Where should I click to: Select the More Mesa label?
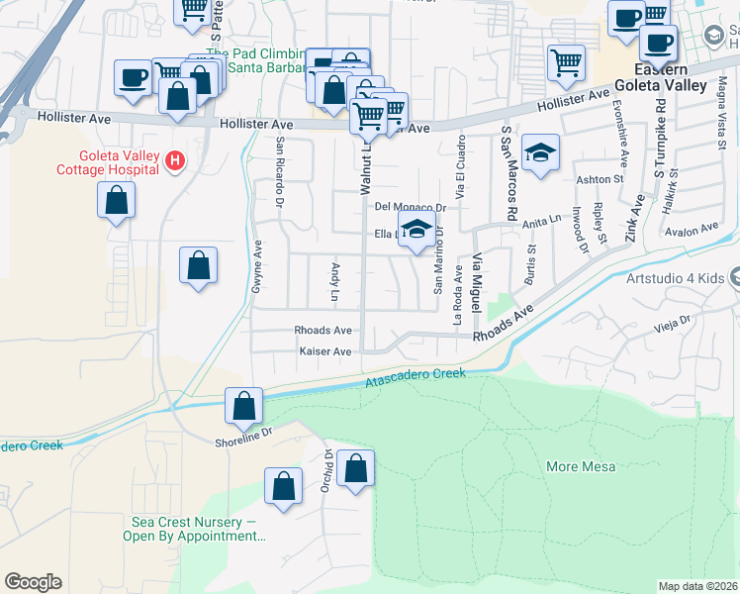tap(581, 466)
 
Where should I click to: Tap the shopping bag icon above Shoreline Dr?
tap(242, 405)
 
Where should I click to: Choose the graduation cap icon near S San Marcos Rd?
tap(539, 152)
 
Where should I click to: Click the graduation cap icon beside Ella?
tap(416, 229)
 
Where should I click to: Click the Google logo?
tap(33, 582)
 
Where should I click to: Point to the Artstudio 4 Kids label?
tap(675, 278)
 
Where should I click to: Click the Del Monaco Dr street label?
tap(411, 207)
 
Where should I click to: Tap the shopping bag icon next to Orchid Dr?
tap(355, 469)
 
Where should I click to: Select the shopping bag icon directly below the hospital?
tap(117, 201)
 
